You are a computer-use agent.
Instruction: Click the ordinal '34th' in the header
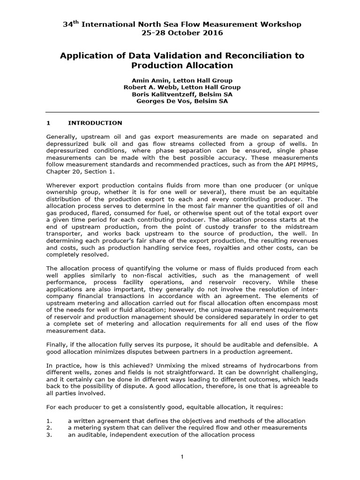pos(71,24)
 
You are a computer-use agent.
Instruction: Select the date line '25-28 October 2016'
pos(182,33)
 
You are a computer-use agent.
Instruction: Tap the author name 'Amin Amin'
pos(149,81)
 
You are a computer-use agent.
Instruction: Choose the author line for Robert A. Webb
pos(182,87)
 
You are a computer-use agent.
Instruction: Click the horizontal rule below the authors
pos(182,112)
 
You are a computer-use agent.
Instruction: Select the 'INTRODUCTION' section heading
pos(95,123)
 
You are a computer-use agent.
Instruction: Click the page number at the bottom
pos(182,458)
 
